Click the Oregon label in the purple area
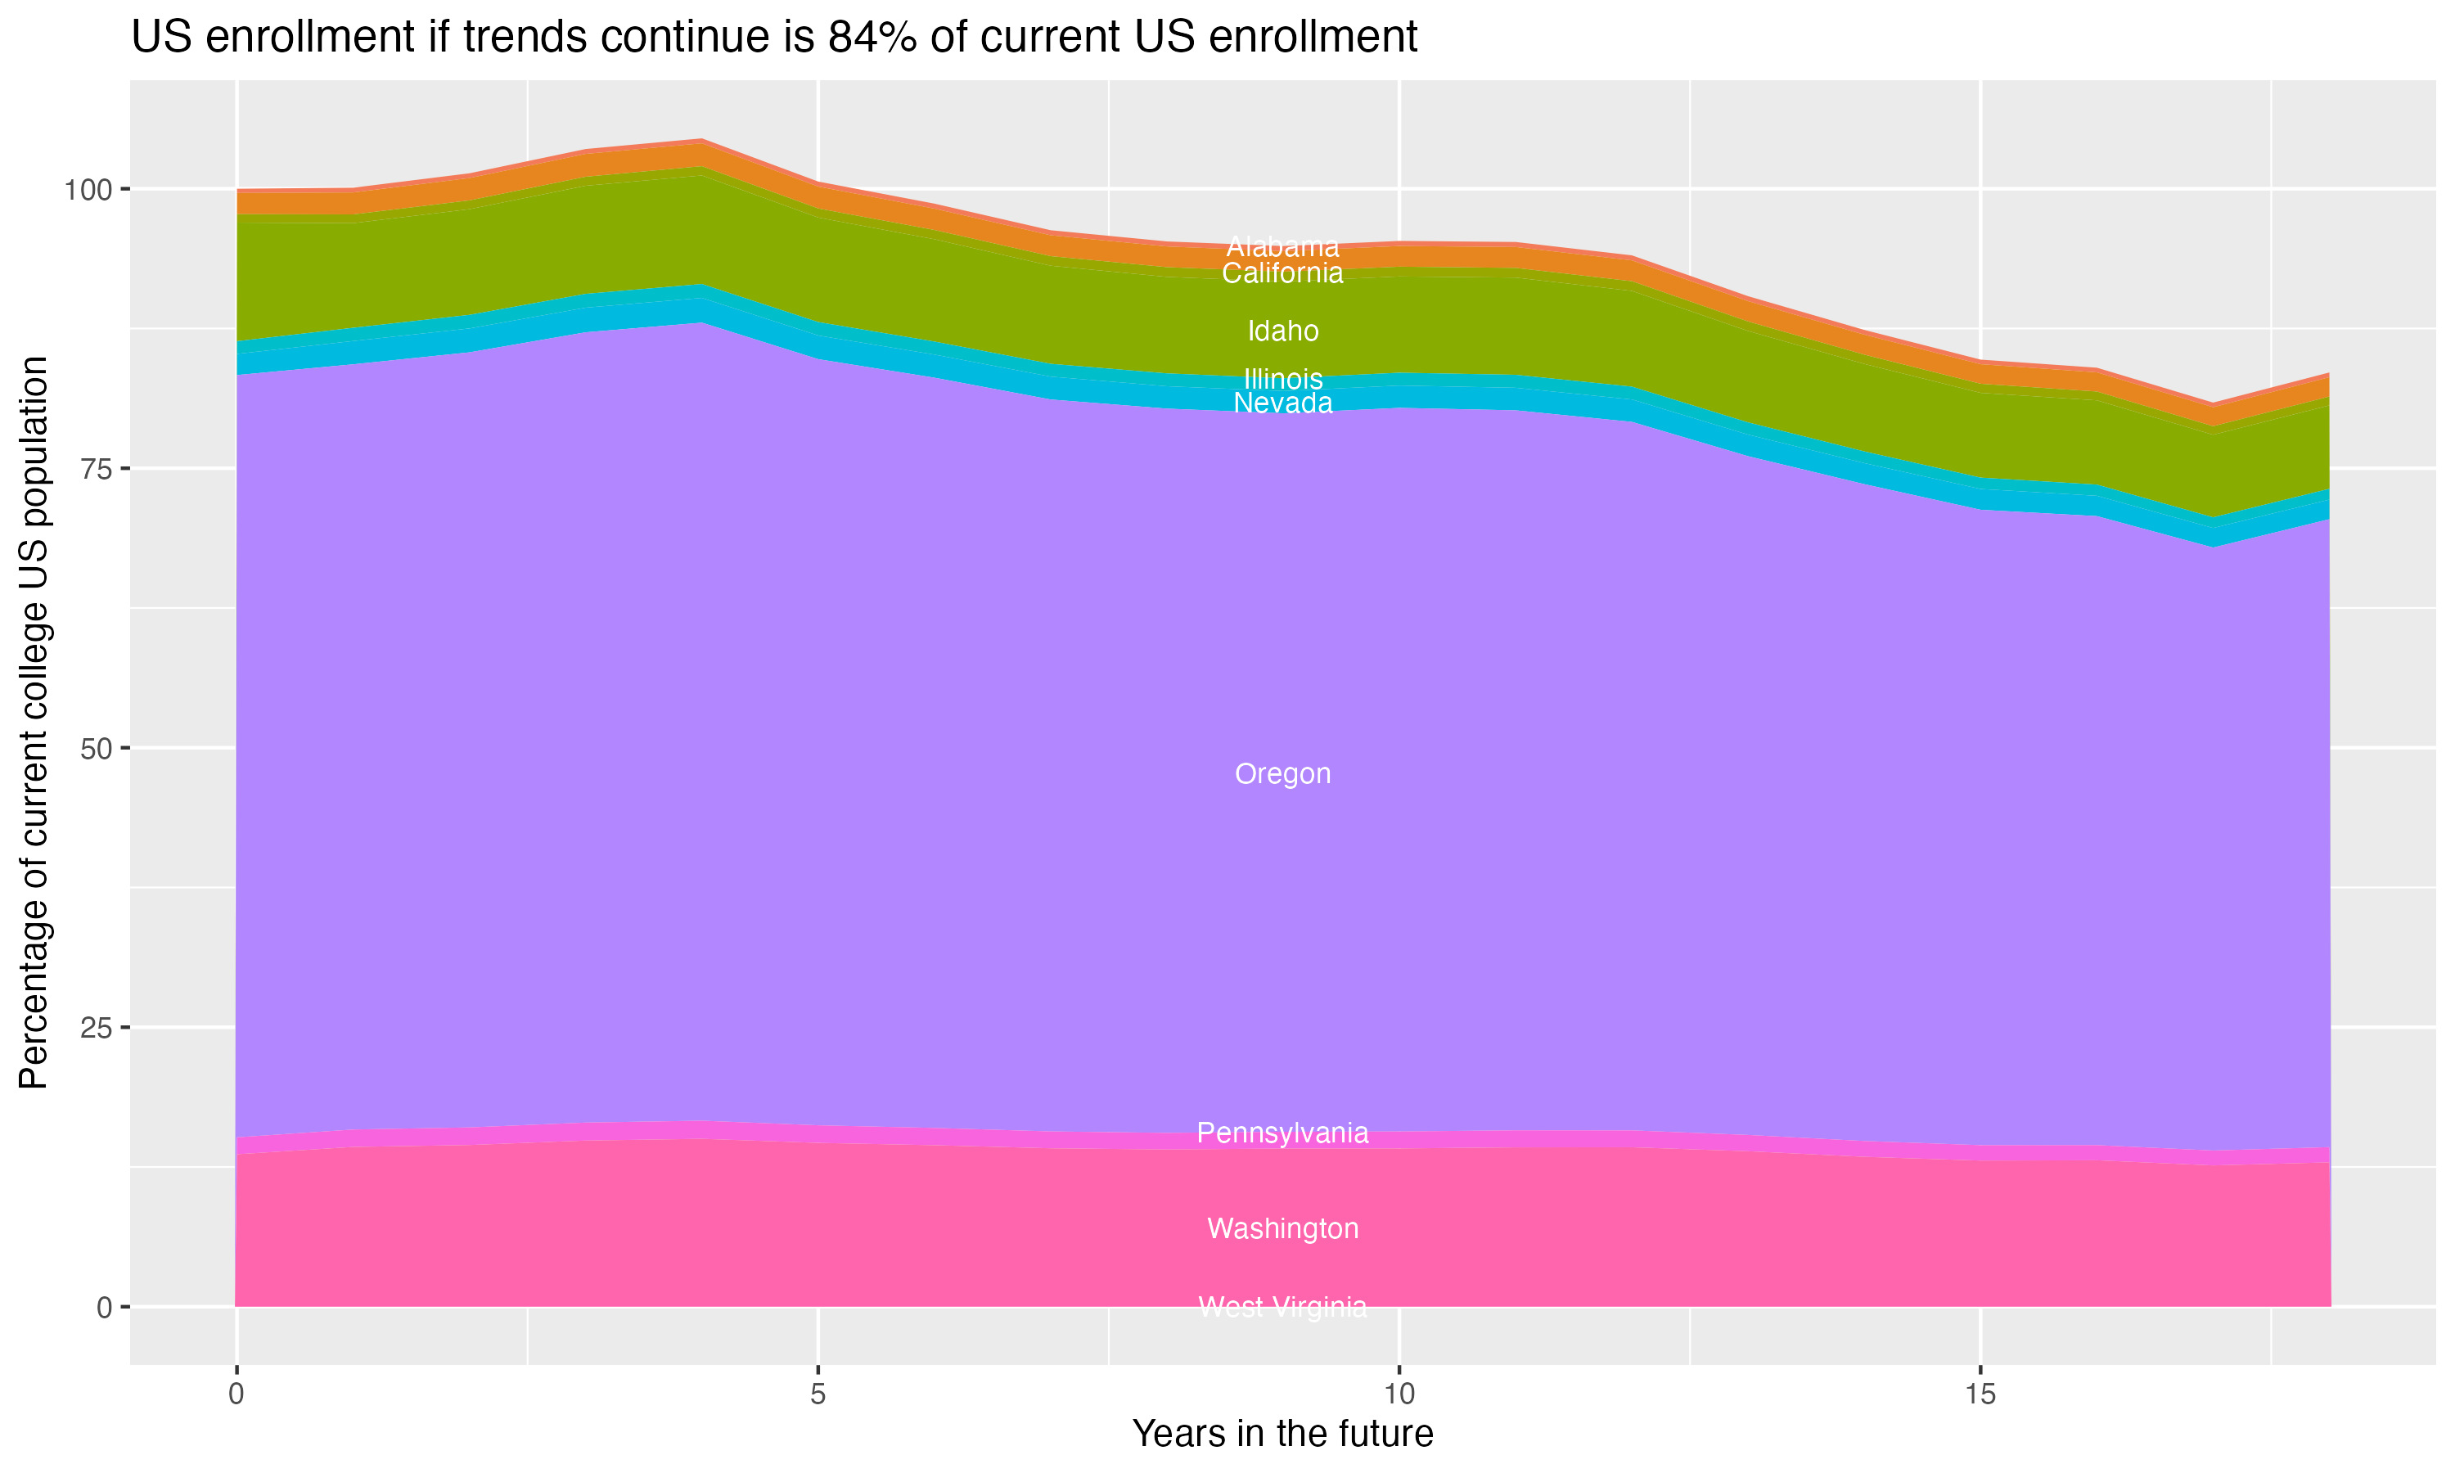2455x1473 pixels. (x=1282, y=774)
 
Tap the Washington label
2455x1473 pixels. (x=1282, y=1229)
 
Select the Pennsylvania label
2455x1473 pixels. (x=1282, y=1133)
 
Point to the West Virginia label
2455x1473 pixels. (x=1282, y=1307)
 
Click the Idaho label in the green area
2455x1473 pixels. (x=1282, y=331)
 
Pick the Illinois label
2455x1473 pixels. (x=1282, y=378)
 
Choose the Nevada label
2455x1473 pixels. (x=1282, y=403)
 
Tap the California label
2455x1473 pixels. (x=1282, y=273)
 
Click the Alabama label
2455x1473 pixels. (x=1282, y=246)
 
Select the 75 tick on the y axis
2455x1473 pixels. (x=95, y=469)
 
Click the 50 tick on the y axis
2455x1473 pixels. (x=95, y=749)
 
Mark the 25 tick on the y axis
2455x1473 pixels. (x=95, y=1027)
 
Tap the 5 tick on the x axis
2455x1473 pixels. (x=818, y=1394)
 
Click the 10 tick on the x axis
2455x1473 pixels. (x=1399, y=1394)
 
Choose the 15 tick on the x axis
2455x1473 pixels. (x=1980, y=1394)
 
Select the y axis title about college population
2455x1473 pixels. (x=34, y=723)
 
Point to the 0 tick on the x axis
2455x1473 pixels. (x=236, y=1394)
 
